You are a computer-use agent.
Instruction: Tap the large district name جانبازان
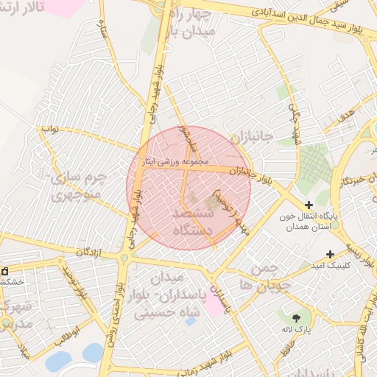coord(251,138)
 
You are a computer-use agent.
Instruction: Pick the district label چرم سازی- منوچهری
coord(77,187)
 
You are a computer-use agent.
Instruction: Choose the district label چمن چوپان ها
coord(261,275)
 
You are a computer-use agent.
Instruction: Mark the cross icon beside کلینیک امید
coord(330,253)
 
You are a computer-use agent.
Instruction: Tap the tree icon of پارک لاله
coord(295,318)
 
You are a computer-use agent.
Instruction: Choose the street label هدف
coord(347,113)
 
